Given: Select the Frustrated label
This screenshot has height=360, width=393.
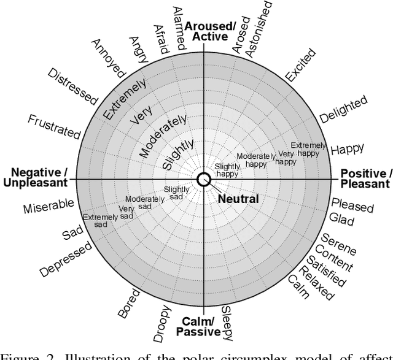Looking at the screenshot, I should coord(54,125).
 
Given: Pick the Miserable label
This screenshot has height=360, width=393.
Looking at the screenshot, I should coord(49,207).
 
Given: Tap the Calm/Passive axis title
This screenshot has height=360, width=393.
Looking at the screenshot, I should coord(198,327).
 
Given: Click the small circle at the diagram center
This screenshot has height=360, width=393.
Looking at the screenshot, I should coord(203,178).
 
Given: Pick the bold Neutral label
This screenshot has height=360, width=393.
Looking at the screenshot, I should coord(238,199).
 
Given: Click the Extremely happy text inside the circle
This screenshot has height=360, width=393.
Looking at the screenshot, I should coord(305,149).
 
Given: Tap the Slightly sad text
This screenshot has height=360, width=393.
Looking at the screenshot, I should coord(177,193).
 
